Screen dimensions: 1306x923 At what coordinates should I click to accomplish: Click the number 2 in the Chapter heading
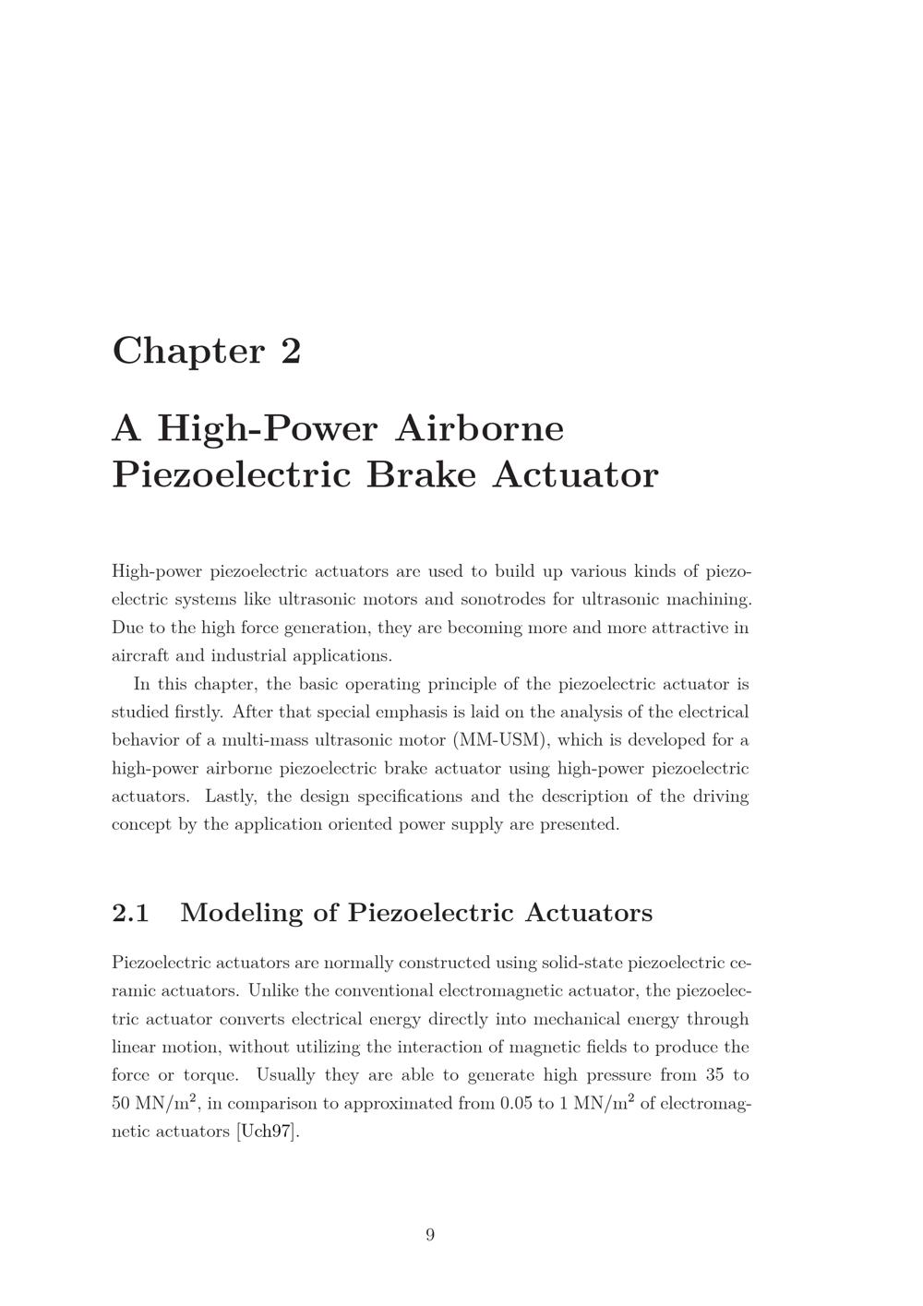[291, 351]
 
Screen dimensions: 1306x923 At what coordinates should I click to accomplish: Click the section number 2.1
[130, 913]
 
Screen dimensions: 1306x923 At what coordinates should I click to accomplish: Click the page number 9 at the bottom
[430, 1235]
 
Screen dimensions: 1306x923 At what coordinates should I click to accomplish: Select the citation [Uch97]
[269, 1131]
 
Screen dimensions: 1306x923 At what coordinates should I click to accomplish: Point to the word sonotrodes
[502, 599]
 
